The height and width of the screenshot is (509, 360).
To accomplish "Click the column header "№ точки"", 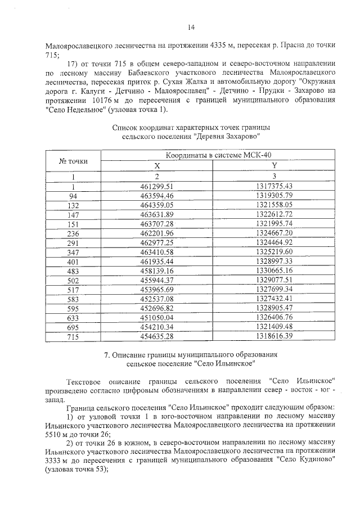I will tap(73, 161).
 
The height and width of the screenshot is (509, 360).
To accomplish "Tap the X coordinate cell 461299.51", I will tap(157, 186).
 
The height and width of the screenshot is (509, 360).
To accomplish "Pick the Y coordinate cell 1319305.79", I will tap(274, 195).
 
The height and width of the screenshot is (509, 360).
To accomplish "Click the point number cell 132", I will tap(73, 205).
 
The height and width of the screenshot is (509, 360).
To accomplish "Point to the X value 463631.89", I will tap(157, 215).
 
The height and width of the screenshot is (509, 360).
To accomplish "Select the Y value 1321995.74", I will tap(274, 224).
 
